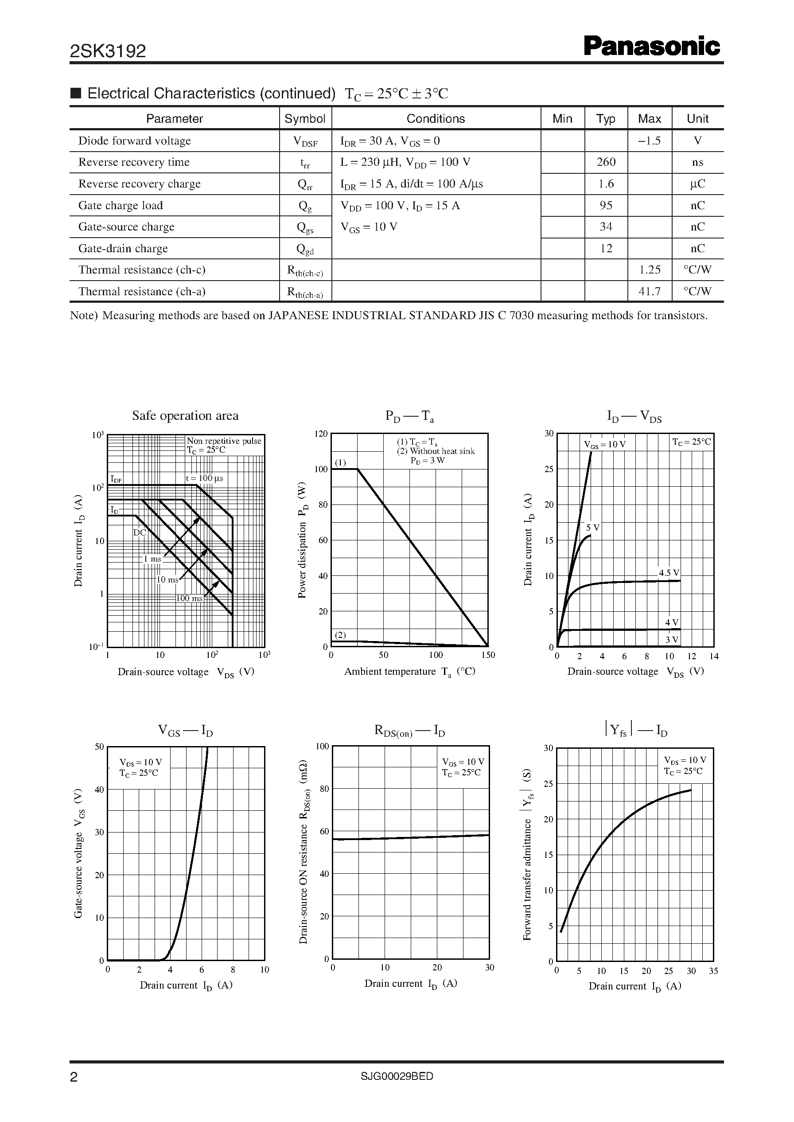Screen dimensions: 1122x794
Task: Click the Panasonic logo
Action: coord(652,47)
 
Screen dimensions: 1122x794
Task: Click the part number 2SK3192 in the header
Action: coord(108,51)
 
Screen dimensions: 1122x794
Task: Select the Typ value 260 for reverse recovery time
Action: coord(606,162)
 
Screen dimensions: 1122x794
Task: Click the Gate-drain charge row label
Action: coord(123,248)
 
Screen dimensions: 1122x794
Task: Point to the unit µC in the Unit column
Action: coord(697,184)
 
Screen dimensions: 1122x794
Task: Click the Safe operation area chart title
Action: coord(185,416)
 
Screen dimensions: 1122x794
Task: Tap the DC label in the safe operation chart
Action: coord(139,533)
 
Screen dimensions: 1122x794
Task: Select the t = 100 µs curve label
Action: coord(204,478)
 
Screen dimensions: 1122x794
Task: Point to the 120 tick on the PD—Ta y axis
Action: coord(321,434)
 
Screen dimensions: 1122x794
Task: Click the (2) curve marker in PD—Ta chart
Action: coord(340,635)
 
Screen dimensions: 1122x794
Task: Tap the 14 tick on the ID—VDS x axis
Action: coord(714,657)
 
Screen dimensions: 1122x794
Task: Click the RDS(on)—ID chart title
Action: coord(410,731)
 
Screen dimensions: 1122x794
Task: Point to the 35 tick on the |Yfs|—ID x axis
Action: coord(713,971)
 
